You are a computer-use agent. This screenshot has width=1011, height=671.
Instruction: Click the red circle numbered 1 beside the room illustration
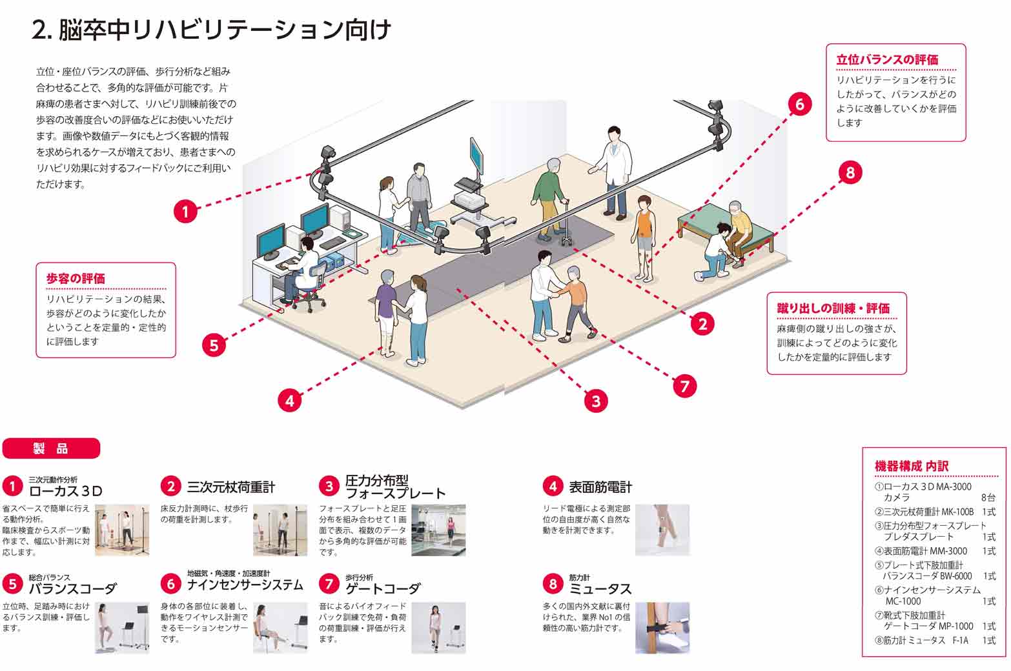(x=185, y=211)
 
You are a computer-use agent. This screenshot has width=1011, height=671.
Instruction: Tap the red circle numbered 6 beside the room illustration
(x=799, y=103)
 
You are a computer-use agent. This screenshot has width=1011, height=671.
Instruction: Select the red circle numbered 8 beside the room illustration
(x=850, y=172)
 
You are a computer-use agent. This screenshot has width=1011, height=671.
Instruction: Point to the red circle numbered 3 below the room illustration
(x=595, y=401)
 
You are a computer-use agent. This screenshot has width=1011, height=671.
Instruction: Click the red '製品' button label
(x=51, y=448)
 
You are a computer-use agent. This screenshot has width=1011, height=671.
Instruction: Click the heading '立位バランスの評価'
(x=886, y=60)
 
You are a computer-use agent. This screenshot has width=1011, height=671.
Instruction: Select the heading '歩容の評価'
(x=76, y=279)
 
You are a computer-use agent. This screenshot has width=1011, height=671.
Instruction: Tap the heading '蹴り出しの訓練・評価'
(x=833, y=308)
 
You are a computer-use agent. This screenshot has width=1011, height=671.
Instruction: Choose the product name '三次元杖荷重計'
(x=230, y=487)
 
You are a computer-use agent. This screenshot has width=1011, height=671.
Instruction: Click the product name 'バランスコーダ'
(x=72, y=588)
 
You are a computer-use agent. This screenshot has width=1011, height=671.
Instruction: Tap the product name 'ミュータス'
(x=600, y=588)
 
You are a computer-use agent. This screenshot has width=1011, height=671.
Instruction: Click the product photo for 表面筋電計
(x=662, y=530)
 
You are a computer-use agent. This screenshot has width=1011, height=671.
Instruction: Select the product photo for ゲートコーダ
(x=438, y=628)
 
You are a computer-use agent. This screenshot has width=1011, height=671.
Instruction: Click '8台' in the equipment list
(x=988, y=497)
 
